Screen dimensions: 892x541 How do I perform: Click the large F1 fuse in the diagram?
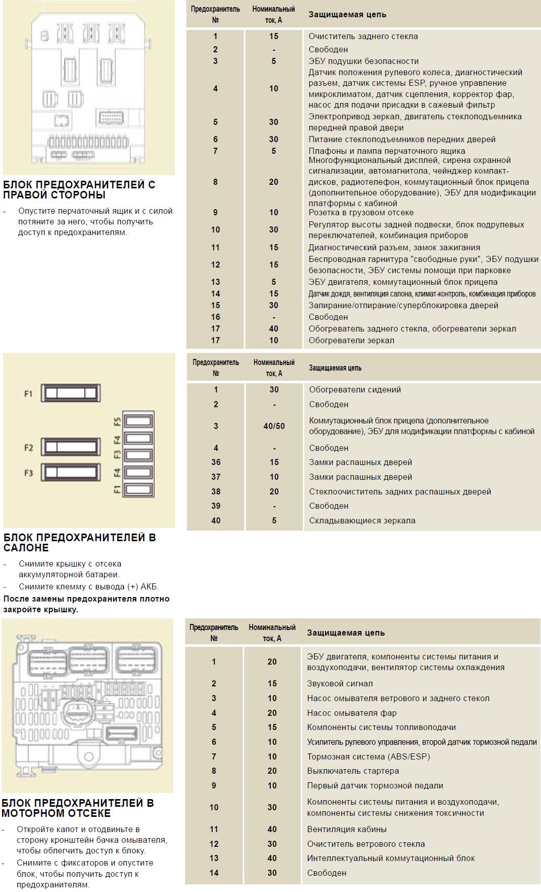[71, 393]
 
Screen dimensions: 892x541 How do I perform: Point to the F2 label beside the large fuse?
[28, 448]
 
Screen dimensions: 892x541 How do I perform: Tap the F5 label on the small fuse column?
[117, 421]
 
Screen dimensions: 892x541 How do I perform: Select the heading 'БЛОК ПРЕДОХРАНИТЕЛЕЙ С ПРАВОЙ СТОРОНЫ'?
[79, 190]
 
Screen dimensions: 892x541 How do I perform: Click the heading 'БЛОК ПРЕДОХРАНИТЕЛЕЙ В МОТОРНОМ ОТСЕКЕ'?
[78, 808]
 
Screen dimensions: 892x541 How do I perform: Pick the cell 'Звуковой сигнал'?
[340, 684]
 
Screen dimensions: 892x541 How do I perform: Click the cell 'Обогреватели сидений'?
[355, 389]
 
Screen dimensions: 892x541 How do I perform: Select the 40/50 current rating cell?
[274, 426]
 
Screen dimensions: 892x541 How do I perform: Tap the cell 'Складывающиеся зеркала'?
[362, 520]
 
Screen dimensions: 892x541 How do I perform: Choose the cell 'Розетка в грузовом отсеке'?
[361, 212]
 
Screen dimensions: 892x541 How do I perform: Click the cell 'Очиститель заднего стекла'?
[363, 36]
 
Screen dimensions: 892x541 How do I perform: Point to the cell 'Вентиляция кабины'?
[346, 829]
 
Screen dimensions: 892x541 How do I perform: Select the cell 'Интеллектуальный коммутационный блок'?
[391, 858]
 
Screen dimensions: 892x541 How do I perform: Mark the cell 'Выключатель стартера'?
[353, 771]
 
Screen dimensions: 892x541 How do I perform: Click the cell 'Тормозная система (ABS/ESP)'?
[368, 756]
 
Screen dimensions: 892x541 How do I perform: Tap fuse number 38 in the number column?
[216, 491]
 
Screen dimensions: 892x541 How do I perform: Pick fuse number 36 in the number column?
[216, 462]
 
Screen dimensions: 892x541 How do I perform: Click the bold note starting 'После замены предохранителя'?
[86, 604]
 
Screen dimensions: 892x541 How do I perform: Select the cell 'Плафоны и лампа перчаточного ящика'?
[387, 151]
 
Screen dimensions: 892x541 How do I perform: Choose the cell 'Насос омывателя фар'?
[352, 713]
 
